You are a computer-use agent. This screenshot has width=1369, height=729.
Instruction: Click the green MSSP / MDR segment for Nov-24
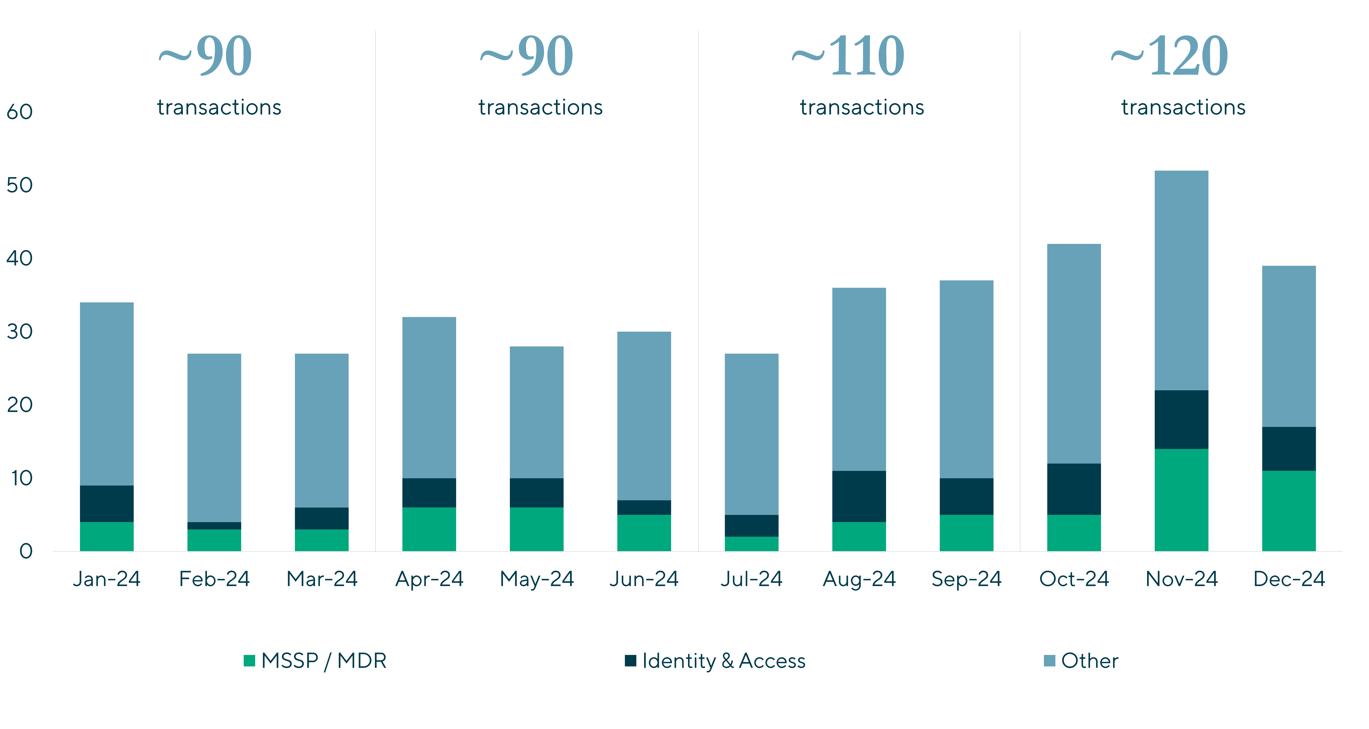point(1181,500)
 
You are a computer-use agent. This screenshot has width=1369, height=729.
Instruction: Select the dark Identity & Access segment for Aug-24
point(859,496)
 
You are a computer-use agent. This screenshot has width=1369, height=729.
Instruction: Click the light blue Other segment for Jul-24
point(752,434)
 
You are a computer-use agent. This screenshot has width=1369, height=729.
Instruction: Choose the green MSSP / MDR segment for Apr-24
point(429,529)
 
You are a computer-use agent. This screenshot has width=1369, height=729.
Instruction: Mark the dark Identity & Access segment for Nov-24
point(1181,420)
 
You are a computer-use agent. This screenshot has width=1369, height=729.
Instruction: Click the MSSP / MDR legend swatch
point(249,660)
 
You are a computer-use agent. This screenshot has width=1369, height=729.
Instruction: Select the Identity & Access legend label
point(724,661)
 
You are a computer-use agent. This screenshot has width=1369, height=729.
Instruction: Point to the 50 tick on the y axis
point(20,185)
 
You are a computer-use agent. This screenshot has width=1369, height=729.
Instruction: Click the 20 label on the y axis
point(20,405)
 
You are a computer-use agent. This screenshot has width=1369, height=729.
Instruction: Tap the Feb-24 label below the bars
point(214,579)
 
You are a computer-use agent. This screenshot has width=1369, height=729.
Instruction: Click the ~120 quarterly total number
point(1169,56)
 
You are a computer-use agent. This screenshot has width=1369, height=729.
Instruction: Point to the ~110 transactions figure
point(848,56)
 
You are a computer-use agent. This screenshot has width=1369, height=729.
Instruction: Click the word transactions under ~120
point(1184,107)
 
